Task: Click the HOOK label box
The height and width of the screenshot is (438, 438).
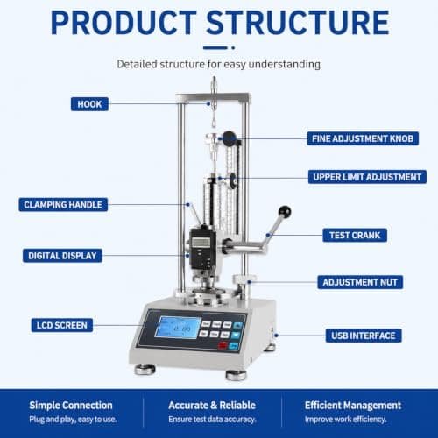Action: point(89,104)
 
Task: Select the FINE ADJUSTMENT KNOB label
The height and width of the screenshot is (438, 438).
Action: point(363,138)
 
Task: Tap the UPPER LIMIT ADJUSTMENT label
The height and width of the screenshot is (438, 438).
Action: point(367,177)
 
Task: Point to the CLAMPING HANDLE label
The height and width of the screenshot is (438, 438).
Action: point(63,205)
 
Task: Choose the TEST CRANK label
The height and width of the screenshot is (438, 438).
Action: point(355,235)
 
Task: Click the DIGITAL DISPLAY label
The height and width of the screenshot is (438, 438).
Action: point(62,256)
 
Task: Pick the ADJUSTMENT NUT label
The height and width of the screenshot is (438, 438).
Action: point(360,282)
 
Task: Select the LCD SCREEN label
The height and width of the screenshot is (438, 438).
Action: point(62,325)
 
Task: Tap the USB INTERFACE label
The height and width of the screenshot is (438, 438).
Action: point(364,336)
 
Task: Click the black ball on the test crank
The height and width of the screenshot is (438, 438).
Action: point(285,212)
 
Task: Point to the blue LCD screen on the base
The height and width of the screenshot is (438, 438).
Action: point(178,328)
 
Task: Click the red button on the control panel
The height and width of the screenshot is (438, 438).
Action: point(223,345)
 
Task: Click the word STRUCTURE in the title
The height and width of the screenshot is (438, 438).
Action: point(298,23)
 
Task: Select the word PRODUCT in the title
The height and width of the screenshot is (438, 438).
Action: point(124,23)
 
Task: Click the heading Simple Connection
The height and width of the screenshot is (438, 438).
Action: point(71,406)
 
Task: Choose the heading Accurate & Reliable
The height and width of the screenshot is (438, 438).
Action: point(212,406)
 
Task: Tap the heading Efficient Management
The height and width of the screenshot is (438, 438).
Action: point(353,406)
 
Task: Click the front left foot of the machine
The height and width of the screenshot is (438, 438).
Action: point(145,370)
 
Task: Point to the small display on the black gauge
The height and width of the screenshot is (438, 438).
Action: point(201,242)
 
